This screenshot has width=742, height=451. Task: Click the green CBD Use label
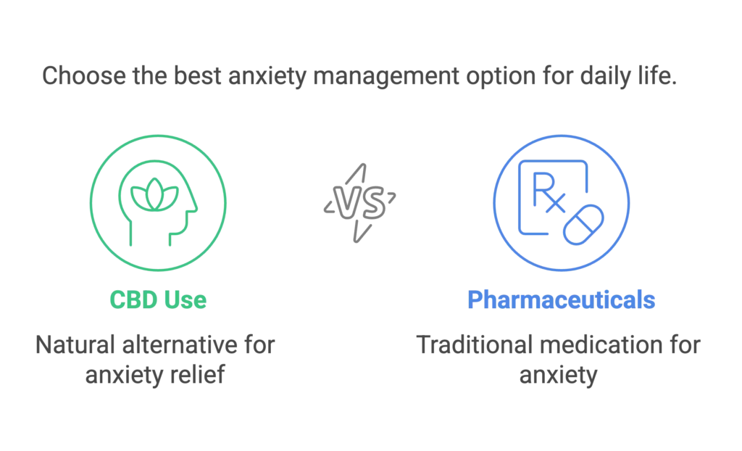158,300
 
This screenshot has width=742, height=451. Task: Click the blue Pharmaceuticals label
562,300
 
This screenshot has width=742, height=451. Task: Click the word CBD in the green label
133,300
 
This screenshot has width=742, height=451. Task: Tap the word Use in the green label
185,300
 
